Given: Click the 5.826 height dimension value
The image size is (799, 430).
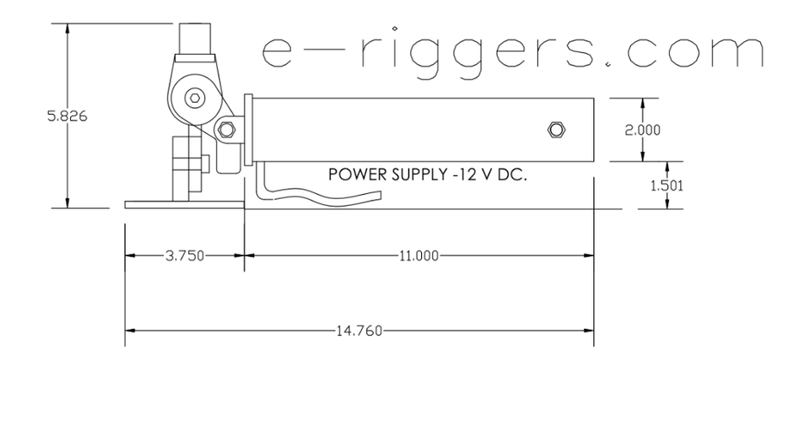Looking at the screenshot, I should click(x=67, y=116).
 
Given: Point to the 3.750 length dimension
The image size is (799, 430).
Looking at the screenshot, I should click(x=185, y=255).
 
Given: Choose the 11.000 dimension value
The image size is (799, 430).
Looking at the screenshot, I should click(x=419, y=255).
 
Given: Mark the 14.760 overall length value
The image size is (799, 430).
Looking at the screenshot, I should click(x=359, y=331).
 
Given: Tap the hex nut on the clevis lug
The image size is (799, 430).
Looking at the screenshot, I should click(x=226, y=130).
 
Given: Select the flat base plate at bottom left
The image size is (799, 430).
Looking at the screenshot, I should click(x=182, y=204).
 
